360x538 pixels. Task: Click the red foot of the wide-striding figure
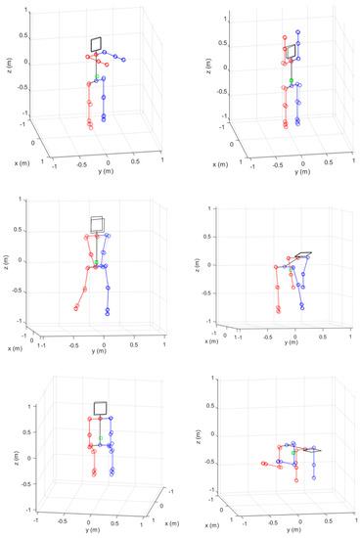pos(75,309)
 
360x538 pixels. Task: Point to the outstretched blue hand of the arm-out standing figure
pos(128,57)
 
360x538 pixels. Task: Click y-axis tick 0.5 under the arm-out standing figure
pos(135,157)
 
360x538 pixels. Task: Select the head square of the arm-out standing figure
pos(97,43)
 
